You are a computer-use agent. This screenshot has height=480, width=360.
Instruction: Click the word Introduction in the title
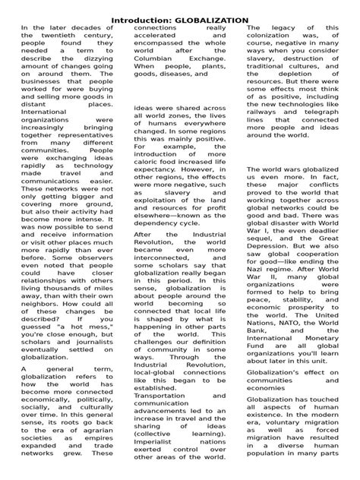[x=144, y=18]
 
